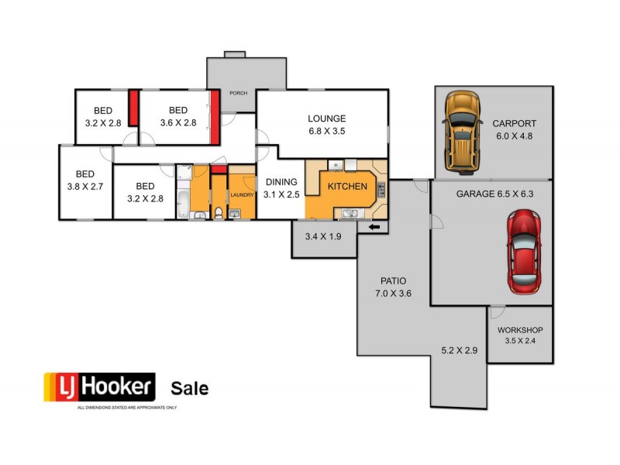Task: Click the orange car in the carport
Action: (462, 132)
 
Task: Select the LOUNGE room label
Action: (326, 119)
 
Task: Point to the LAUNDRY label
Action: (241, 195)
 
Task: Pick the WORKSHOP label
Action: (520, 329)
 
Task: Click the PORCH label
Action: (239, 93)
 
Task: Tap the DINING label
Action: (281, 182)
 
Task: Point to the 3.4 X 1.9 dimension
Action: (323, 236)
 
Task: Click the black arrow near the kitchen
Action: (374, 227)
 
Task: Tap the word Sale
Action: (189, 388)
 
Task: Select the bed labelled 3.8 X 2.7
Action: (86, 180)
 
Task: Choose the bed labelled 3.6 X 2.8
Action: (178, 116)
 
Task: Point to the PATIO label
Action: (394, 281)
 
